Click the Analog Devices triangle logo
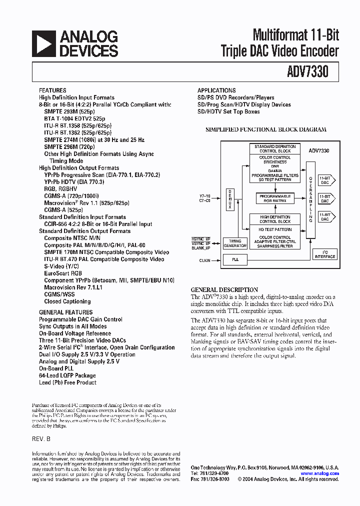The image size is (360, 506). click(43, 43)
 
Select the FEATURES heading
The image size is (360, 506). click(52, 90)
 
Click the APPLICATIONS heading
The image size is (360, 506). click(216, 90)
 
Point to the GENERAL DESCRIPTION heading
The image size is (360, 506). click(224, 289)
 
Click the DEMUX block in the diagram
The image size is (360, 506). click(230, 199)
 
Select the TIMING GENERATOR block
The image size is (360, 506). click(234, 243)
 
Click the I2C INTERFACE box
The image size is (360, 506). click(325, 255)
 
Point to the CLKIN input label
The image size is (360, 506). click(204, 260)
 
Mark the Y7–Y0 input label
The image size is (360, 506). click(205, 195)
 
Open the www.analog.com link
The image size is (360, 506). click(320, 473)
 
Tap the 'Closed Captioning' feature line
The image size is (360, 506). click(67, 301)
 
